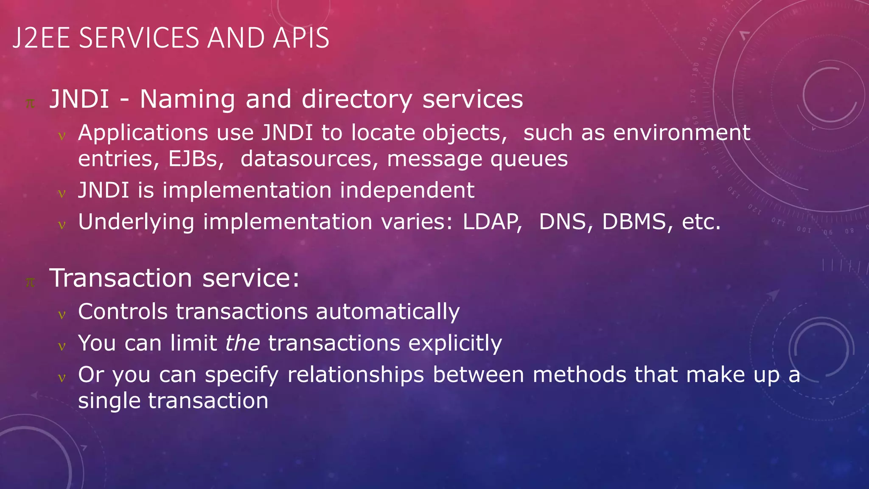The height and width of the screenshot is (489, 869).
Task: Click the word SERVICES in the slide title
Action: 139,38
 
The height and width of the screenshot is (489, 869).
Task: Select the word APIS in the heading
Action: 301,38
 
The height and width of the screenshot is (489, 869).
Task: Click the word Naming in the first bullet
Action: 188,99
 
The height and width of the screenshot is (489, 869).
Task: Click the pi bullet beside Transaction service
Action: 30,282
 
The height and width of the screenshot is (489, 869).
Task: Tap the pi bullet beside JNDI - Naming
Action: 30,103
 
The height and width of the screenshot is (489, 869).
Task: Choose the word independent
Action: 407,190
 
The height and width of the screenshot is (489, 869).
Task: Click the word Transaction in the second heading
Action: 121,278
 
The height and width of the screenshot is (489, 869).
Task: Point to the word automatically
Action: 388,312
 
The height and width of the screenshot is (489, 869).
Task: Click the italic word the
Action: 242,343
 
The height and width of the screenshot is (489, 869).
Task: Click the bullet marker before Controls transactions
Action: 62,315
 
